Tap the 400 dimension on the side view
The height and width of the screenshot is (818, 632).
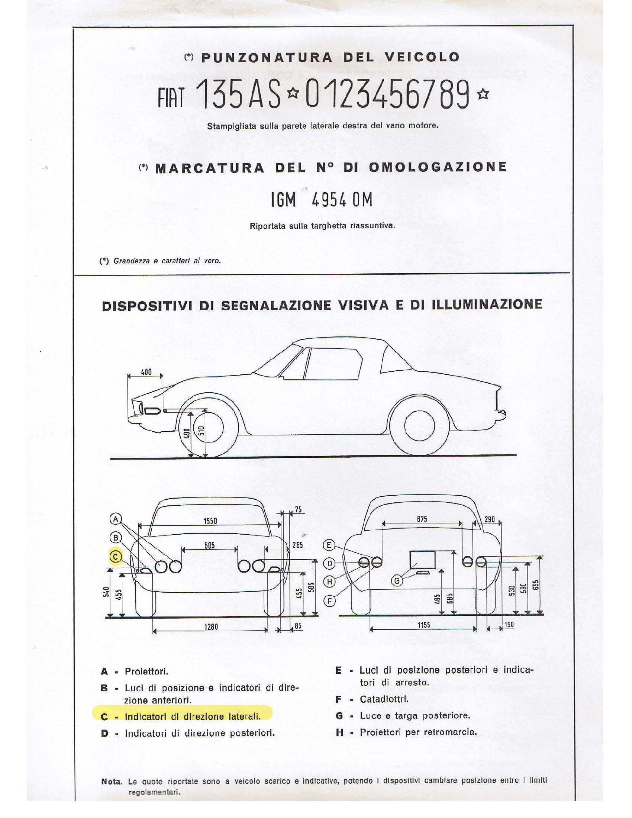coord(146,372)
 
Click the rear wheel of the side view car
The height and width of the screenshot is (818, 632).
coord(419,427)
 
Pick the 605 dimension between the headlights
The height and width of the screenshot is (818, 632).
coord(209,545)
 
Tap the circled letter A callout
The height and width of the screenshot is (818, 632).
coord(116,519)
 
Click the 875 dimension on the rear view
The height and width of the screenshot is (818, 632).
coord(422,519)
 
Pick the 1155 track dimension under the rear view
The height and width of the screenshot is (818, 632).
coord(424,625)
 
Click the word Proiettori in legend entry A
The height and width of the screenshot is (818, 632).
coord(146,672)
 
